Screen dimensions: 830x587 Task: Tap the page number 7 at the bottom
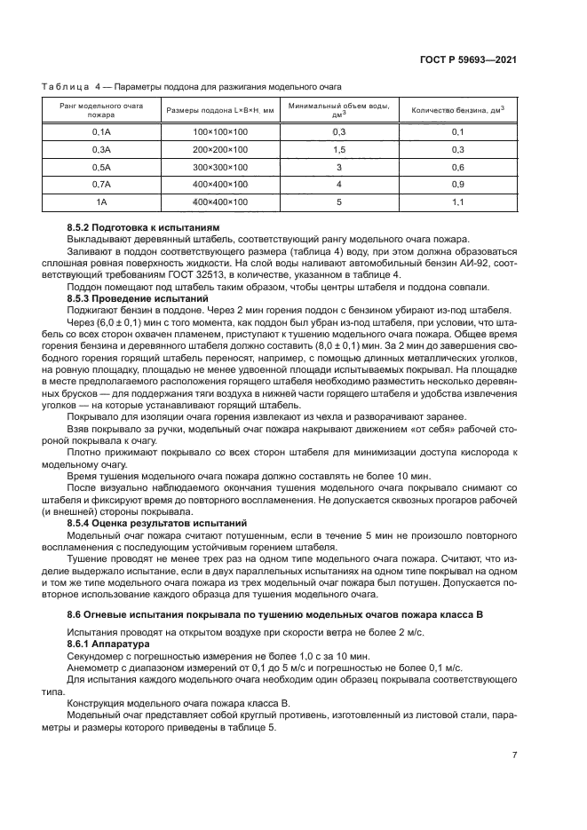click(514, 755)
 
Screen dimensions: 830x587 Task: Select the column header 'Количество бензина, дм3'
click(452, 111)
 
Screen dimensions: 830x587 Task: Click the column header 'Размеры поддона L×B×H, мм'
click(219, 111)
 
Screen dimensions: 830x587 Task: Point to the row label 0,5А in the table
click(101, 167)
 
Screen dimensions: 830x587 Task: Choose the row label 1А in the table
click(101, 202)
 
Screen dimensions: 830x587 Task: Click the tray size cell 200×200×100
click(219, 149)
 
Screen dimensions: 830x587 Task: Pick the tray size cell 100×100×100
click(219, 131)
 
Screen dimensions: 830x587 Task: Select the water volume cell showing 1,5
click(338, 149)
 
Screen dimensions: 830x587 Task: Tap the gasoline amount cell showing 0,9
click(458, 185)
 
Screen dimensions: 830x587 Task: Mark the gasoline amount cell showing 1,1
click(458, 202)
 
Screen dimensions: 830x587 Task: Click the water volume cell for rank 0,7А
click(338, 185)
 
